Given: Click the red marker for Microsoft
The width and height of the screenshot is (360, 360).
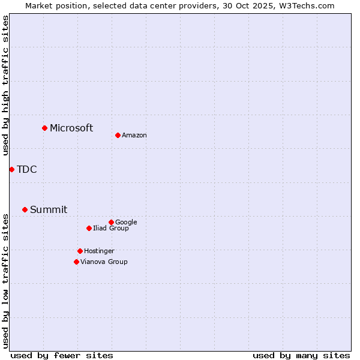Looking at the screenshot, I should [x=44, y=128].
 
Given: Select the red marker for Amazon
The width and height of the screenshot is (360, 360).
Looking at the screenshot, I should [x=118, y=135].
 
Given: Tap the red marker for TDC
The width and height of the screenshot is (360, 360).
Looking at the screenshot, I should [x=11, y=169].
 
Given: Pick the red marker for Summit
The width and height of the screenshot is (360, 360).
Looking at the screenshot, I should [x=25, y=209].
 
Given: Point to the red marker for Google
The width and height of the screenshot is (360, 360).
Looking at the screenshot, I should [x=111, y=222].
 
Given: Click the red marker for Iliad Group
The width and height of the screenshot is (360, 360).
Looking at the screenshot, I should [x=89, y=228].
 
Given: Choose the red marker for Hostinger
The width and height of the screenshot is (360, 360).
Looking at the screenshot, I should [x=80, y=251].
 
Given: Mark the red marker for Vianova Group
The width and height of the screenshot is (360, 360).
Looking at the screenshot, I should [x=76, y=262].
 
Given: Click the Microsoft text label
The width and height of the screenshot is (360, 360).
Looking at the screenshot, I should [x=71, y=128].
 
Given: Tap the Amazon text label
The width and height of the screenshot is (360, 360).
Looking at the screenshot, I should [x=134, y=136].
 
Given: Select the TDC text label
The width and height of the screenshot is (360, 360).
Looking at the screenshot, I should [x=27, y=169].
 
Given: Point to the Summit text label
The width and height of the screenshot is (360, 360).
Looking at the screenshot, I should [x=49, y=209].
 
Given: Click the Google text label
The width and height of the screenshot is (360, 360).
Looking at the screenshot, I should [x=126, y=222].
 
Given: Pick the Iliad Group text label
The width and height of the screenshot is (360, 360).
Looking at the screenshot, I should [x=111, y=228].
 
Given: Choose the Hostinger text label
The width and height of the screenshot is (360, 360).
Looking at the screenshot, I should [x=99, y=251].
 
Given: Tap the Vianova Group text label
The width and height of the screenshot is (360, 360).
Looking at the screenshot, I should [x=104, y=262].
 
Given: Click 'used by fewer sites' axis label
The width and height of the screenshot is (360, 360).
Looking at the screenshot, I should [x=62, y=355].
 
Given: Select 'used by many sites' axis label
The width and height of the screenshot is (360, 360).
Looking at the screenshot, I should [x=301, y=355].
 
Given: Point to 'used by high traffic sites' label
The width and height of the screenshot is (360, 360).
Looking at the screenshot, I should [x=5, y=85].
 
